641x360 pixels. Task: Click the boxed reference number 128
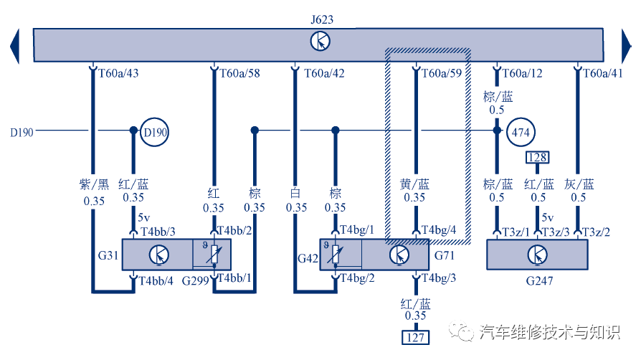538,157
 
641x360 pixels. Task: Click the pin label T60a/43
118,73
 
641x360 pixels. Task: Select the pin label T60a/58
239,73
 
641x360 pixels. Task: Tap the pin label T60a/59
442,73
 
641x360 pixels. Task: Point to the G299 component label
196,280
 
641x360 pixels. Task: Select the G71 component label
445,255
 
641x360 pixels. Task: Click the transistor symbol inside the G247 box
536,255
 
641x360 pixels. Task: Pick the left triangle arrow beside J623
14,45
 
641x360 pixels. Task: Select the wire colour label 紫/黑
94,184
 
